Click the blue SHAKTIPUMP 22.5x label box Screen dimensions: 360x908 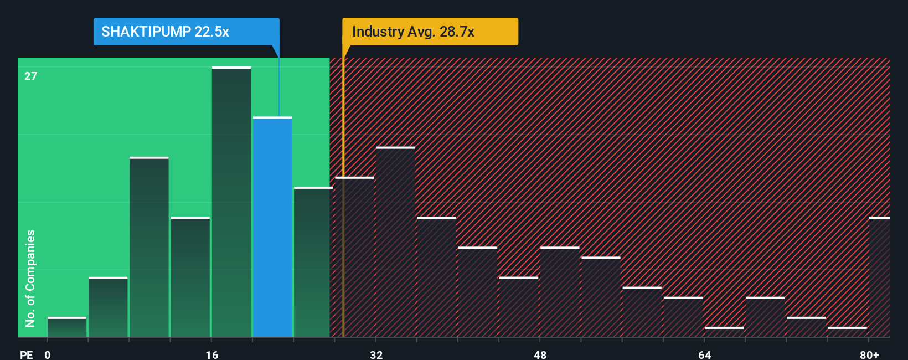coord(186,32)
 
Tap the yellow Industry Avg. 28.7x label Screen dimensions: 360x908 coord(430,32)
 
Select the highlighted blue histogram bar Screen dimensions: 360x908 coord(272,227)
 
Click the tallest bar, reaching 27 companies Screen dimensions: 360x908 coord(231,202)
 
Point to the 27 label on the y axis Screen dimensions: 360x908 coord(30,76)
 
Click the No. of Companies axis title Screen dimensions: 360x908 coord(30,278)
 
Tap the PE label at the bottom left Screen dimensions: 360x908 coord(26,354)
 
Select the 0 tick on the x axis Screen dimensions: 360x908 coord(48,354)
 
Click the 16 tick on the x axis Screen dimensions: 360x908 coord(211,354)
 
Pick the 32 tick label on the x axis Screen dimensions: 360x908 coord(376,354)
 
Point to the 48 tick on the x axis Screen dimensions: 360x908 coord(540,354)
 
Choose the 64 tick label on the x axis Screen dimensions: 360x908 coord(704,354)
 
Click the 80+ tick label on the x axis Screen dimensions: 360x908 coord(869,354)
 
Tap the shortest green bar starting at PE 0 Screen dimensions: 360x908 coord(67,327)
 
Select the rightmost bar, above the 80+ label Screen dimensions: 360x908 coord(879,277)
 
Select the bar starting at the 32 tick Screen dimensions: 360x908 coord(395,242)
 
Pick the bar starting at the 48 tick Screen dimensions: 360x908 coord(560,292)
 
